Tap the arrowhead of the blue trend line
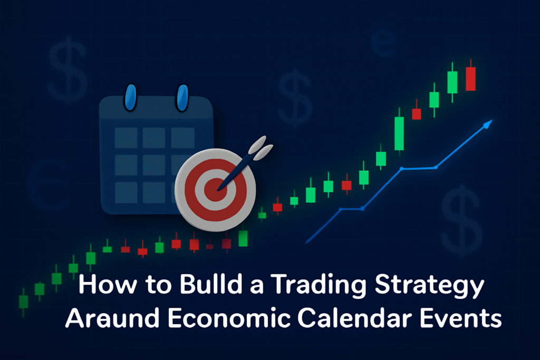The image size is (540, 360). pos(488,124)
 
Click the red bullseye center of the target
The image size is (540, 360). pos(215,189)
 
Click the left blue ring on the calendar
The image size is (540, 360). pos(131,98)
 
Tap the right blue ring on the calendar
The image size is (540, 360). pos(182,98)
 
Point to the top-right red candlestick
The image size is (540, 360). pos(470,79)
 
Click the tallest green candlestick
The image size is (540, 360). pos(399,133)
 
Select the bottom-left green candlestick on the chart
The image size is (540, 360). pos(23,301)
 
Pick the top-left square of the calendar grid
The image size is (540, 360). pos(126,138)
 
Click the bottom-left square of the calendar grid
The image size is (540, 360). pos(126,192)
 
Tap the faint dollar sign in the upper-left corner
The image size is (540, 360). pos(67,70)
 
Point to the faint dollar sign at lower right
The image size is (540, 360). pos(461,221)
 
